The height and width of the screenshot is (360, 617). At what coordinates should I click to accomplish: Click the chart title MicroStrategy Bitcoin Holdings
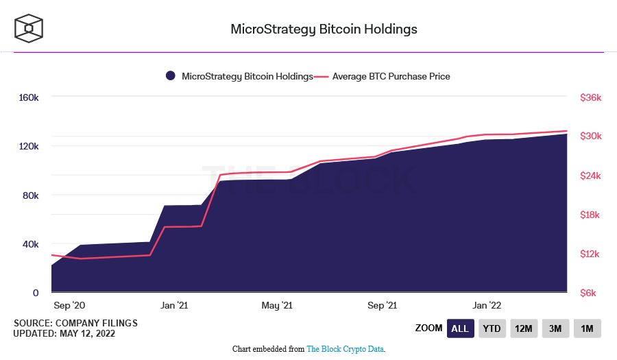[x=324, y=29]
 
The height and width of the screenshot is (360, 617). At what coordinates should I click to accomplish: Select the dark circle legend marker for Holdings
[x=171, y=77]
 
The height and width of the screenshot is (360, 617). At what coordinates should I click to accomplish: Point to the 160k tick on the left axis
[x=28, y=98]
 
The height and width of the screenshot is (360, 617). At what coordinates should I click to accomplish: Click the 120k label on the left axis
[x=28, y=147]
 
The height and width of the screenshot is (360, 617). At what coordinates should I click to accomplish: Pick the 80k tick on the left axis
[x=31, y=195]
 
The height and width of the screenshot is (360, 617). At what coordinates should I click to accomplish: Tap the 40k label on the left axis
[x=31, y=244]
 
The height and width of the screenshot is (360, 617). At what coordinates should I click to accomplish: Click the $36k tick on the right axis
[x=590, y=98]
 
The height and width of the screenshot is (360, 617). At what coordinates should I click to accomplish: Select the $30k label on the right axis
[x=590, y=136]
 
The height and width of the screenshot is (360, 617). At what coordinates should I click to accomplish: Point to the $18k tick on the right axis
[x=590, y=215]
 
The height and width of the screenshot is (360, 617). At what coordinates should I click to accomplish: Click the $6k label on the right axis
[x=592, y=293]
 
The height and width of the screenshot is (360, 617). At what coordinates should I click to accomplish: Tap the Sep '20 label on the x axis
[x=69, y=305]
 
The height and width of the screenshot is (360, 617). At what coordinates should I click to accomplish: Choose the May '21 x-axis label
[x=278, y=305]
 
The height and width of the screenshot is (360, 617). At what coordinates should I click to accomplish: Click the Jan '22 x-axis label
[x=487, y=305]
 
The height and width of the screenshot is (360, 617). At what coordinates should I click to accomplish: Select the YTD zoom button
[x=492, y=328]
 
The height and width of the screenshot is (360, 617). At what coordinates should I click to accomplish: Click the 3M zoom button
[x=555, y=328]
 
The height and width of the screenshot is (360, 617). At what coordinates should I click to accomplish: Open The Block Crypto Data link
[x=345, y=349]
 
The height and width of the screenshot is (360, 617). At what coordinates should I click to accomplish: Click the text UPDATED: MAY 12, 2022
[x=64, y=334]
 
